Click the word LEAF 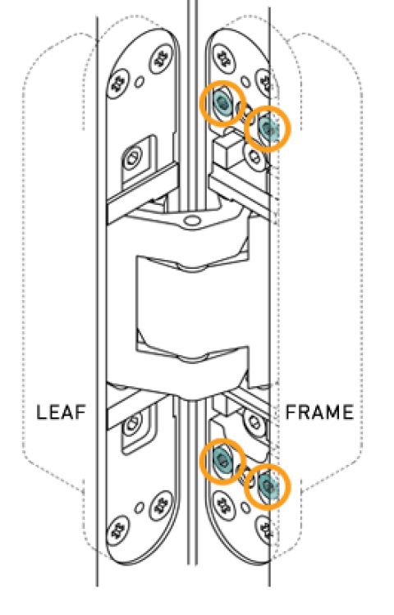62,412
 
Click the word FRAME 319,412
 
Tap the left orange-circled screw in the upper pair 222,102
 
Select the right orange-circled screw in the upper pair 268,128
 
